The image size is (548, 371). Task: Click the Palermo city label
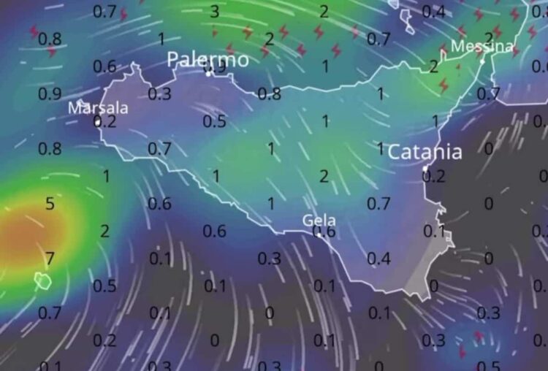click(208, 60)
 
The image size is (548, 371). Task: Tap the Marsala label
click(98, 108)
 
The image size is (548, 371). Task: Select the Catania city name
click(425, 152)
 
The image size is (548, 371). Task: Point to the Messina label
click(482, 47)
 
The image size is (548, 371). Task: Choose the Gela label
click(319, 220)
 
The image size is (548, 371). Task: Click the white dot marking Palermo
click(208, 73)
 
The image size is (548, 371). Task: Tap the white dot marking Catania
click(425, 169)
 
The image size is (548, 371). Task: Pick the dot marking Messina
click(482, 61)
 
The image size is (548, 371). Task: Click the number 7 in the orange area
click(50, 257)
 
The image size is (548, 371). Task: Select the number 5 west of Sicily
click(50, 204)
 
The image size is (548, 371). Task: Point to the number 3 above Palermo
click(214, 11)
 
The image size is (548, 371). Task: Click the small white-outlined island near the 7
click(42, 280)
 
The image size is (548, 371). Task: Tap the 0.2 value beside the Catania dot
click(435, 175)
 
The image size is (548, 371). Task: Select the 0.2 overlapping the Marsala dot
click(105, 122)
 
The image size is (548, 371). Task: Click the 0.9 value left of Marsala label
click(50, 93)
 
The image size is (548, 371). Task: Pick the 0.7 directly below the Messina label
click(488, 93)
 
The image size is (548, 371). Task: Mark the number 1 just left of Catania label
click(380, 148)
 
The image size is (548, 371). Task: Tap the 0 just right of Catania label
click(488, 148)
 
